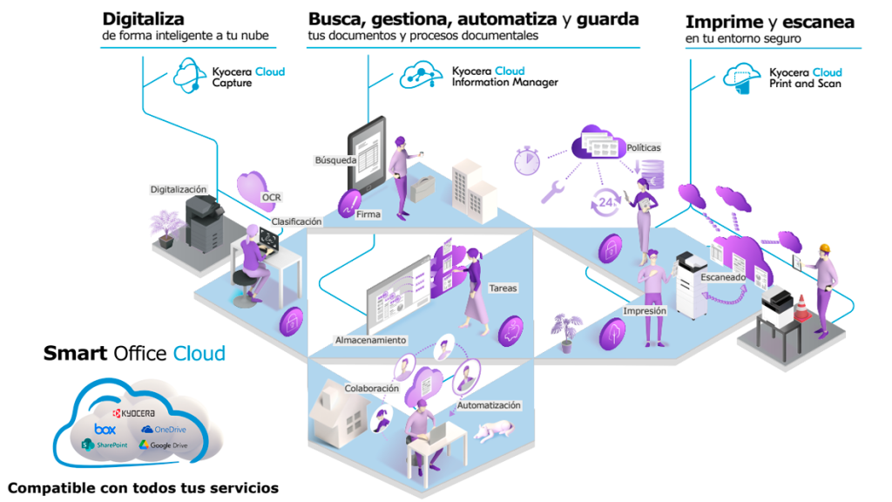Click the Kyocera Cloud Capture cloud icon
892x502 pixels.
click(x=189, y=75)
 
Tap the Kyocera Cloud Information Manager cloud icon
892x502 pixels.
click(x=421, y=75)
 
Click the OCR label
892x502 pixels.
click(x=272, y=198)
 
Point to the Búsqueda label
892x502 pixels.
click(x=335, y=160)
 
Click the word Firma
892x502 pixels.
click(x=368, y=214)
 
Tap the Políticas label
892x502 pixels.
click(x=644, y=147)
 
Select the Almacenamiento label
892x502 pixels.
click(x=370, y=340)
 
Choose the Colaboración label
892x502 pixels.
click(x=371, y=388)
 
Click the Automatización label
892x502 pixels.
click(x=489, y=405)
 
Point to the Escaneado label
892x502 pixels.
click(x=723, y=277)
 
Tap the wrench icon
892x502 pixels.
click(x=551, y=192)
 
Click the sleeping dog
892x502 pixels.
click(x=494, y=430)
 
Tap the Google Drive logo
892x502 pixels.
click(x=163, y=445)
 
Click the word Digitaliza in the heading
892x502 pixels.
click(x=144, y=19)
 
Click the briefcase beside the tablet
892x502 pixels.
click(x=422, y=189)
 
